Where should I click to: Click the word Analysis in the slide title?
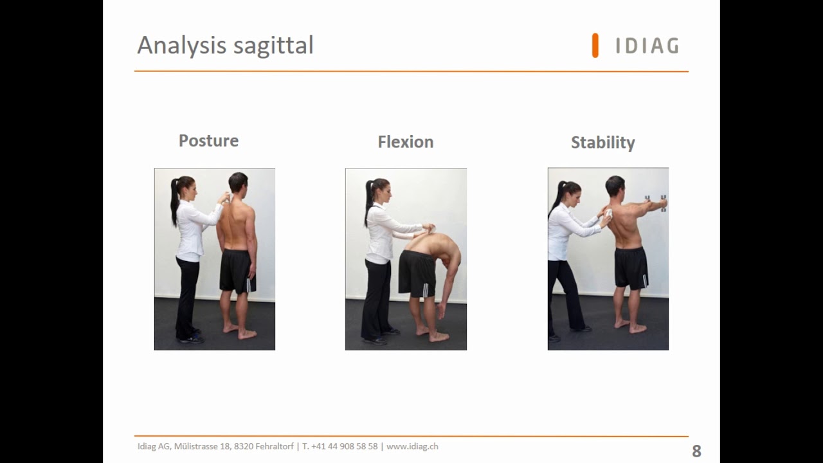pyautogui.click(x=181, y=46)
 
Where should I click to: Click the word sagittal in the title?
pyautogui.click(x=273, y=46)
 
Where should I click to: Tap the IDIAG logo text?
pyautogui.click(x=647, y=46)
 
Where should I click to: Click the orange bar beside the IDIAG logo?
pyautogui.click(x=595, y=46)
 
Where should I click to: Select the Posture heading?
pyautogui.click(x=209, y=141)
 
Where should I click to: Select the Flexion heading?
pyautogui.click(x=406, y=142)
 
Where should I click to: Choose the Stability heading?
pyautogui.click(x=603, y=143)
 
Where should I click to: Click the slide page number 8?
pyautogui.click(x=696, y=451)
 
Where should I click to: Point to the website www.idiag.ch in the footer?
pyautogui.click(x=412, y=446)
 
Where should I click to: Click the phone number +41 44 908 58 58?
pyautogui.click(x=344, y=446)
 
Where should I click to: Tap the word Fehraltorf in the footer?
pyautogui.click(x=275, y=446)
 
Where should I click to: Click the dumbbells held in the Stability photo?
pyautogui.click(x=656, y=203)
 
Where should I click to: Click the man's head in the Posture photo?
pyautogui.click(x=238, y=183)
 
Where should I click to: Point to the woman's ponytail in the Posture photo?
pyautogui.click(x=174, y=201)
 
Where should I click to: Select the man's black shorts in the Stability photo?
pyautogui.click(x=631, y=267)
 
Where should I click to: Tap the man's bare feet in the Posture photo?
pyautogui.click(x=240, y=331)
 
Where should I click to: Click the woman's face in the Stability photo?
pyautogui.click(x=575, y=194)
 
